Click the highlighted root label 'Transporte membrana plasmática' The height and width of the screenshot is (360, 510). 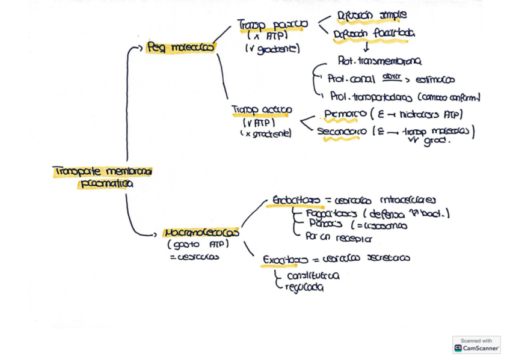102,177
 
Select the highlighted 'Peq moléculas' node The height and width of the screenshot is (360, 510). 180,47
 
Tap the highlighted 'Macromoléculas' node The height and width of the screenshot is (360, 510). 201,233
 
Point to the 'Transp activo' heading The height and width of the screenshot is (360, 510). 262,110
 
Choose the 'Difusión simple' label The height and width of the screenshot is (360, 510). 372,15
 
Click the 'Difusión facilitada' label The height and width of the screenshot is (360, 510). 374,34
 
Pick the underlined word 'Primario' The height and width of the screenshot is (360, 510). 345,114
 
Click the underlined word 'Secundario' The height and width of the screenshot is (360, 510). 342,132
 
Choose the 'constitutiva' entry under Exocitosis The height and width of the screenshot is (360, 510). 312,276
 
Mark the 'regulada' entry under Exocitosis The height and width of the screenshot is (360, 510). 304,287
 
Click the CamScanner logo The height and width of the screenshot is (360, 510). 477,345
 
